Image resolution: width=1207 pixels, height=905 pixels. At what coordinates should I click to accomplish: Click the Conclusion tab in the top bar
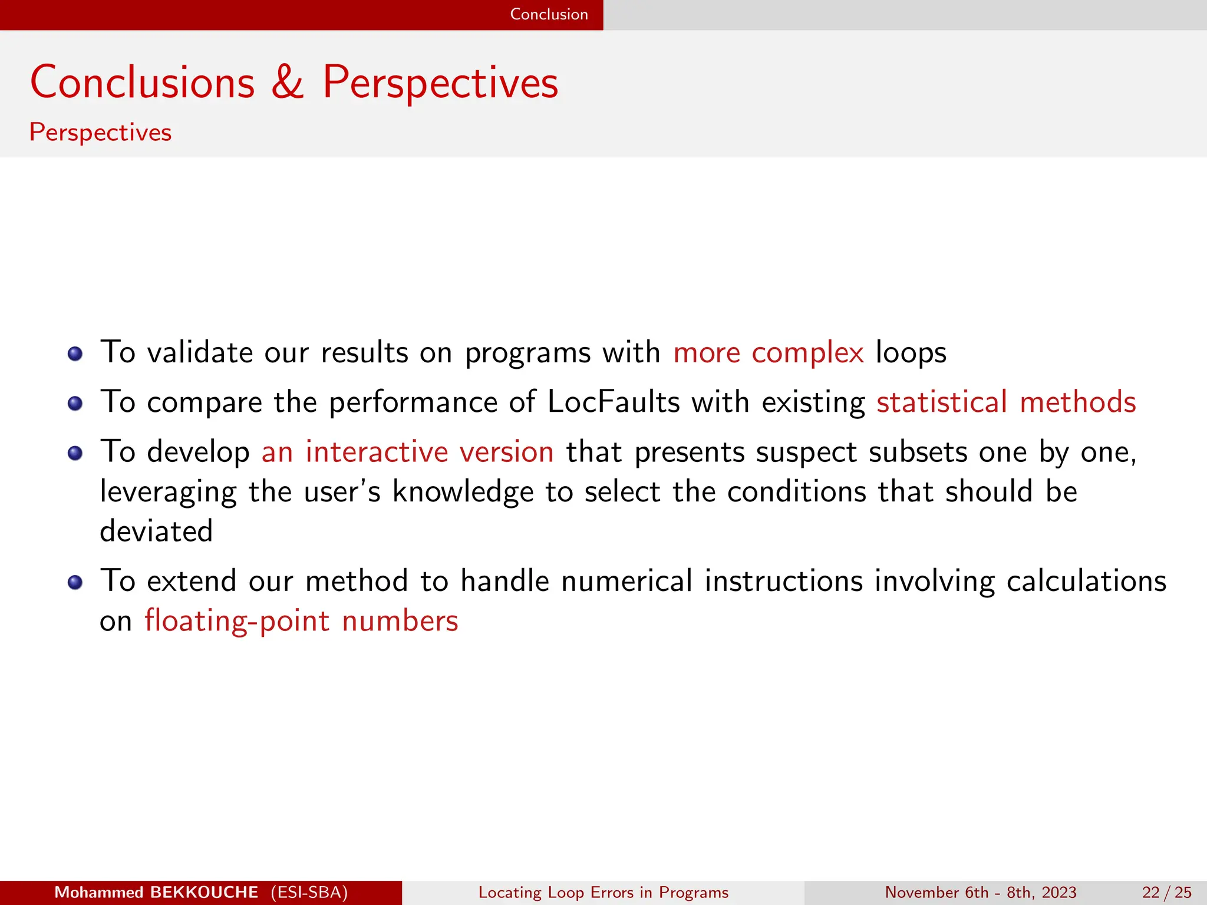pos(549,14)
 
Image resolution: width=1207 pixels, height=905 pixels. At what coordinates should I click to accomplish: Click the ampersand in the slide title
pos(288,82)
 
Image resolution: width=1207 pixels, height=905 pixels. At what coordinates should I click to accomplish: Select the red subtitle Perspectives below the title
pos(100,133)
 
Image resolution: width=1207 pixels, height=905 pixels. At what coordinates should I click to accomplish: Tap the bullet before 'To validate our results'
pos(75,354)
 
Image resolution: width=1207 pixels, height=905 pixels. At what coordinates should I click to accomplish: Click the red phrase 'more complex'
pos(769,353)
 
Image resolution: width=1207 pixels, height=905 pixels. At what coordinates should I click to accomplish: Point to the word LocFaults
pos(614,402)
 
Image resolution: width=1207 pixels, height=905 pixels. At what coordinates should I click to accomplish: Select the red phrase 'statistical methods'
pos(1006,402)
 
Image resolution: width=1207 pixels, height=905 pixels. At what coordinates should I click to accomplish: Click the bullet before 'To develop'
pos(75,453)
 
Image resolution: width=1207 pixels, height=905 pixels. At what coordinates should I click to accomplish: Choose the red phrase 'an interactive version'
pos(407,452)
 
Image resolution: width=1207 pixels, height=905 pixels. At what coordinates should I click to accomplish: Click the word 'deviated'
pos(156,531)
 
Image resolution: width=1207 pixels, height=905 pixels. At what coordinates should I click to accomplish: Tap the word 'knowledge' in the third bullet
pos(463,492)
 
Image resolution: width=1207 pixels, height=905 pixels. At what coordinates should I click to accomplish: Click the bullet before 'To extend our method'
pos(75,583)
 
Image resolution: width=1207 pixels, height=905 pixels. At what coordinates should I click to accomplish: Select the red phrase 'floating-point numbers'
pos(301,622)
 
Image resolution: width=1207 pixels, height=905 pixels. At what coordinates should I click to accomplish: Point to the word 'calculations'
pos(1086,582)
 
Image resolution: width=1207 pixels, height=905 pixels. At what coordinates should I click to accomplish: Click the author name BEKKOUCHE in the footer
pos(204,893)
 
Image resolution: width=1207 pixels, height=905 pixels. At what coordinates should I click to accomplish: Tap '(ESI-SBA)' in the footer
pos(309,893)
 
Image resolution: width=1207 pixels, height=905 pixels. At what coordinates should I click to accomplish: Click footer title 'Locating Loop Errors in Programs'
pos(603,893)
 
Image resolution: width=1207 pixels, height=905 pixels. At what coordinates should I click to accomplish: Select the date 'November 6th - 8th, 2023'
pos(980,893)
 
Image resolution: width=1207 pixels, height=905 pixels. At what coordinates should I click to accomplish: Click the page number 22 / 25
pos(1166,893)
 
